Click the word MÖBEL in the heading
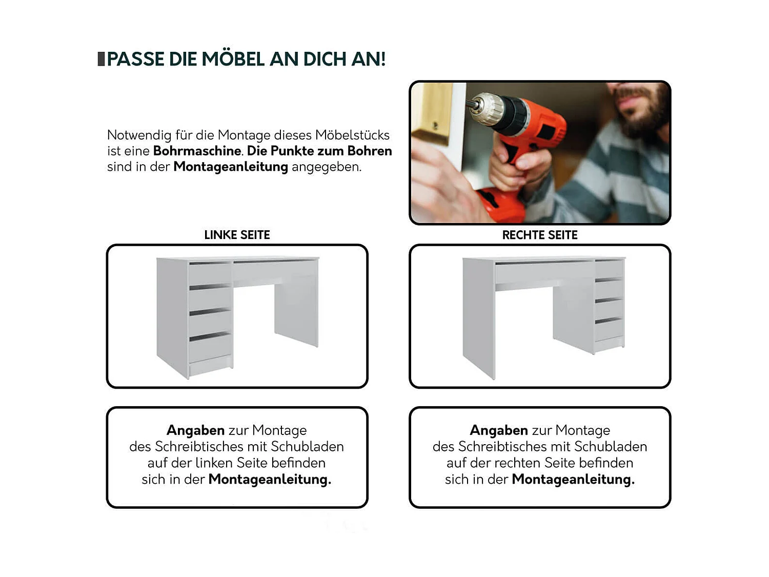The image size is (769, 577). [233, 58]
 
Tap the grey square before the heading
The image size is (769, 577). [101, 59]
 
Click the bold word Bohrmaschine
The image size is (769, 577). [197, 151]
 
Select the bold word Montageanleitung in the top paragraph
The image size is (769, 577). [231, 167]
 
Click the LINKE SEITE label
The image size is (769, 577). [237, 235]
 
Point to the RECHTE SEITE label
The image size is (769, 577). [540, 235]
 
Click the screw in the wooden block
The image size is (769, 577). [435, 125]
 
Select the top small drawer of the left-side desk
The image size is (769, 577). [210, 274]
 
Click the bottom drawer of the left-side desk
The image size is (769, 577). [210, 349]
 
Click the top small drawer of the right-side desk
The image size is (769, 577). [609, 269]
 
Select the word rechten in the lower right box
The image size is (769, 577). [517, 463]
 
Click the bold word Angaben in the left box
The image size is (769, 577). [195, 430]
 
